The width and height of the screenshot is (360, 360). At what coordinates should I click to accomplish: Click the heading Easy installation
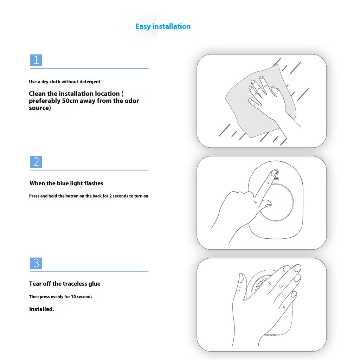point(163,26)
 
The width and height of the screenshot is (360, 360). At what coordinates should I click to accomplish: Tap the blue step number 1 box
point(36,60)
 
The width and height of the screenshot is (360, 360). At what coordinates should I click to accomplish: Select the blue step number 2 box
point(36,162)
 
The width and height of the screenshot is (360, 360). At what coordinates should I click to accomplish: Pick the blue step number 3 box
point(36,263)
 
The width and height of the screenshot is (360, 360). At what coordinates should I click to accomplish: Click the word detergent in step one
point(90,82)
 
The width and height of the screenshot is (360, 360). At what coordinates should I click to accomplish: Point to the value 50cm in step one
point(70,101)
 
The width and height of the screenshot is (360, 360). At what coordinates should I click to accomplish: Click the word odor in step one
point(132,101)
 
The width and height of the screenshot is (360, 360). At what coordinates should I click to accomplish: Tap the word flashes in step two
point(94,183)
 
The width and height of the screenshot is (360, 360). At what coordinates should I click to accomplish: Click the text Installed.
point(42,309)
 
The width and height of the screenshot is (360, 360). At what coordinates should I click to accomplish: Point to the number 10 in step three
point(73,297)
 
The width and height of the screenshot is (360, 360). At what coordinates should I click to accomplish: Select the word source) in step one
point(40,108)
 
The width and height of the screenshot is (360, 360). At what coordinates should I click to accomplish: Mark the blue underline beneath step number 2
point(89,170)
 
